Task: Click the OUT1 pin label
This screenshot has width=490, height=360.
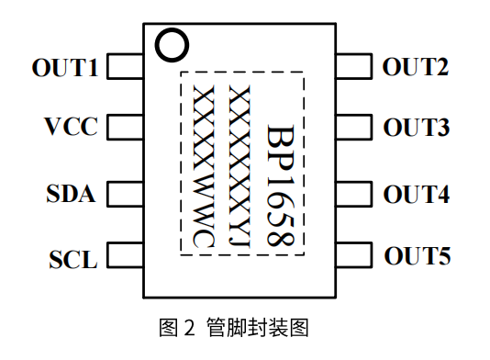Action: click(65, 67)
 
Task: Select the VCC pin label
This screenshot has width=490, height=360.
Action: click(71, 126)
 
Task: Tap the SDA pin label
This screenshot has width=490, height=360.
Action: click(71, 195)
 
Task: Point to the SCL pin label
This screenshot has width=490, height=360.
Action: click(72, 260)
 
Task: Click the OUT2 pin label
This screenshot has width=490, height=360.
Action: click(416, 67)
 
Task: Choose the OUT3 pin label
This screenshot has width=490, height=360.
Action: click(417, 128)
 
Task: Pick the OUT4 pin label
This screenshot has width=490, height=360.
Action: click(417, 195)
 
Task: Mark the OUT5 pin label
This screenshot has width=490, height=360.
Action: click(418, 256)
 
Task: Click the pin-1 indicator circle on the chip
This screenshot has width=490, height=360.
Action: click(171, 43)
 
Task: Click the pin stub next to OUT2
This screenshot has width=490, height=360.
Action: click(354, 67)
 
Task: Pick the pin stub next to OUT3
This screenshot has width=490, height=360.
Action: click(354, 127)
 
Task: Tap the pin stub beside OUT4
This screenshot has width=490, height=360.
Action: click(354, 194)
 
